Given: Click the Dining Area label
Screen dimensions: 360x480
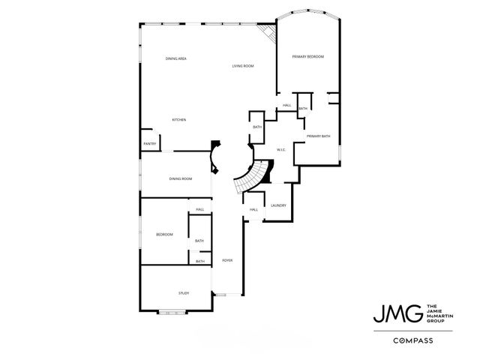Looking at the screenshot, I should point(176,58).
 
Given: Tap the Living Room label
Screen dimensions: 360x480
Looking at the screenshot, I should point(242,66).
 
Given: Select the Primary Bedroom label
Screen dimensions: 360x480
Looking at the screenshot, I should point(307,57).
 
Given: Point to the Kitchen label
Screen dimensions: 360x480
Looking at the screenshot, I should point(178,120).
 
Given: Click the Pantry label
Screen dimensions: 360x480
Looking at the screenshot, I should point(149,144).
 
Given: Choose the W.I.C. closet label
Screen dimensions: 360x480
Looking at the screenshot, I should point(282,149).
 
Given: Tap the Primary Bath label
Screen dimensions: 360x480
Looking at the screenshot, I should point(318,136).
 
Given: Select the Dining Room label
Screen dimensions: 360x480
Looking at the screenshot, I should point(181,178).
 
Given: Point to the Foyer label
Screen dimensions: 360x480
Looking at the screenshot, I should point(227,260).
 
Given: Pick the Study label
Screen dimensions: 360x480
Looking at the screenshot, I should point(183,292).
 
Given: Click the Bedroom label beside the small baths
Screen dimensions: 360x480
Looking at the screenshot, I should point(164,235).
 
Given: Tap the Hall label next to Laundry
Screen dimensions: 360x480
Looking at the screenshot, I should point(253,209).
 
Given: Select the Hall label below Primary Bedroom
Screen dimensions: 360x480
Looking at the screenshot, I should point(286,105).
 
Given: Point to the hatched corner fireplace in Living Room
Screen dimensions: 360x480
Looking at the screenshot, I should point(267,34).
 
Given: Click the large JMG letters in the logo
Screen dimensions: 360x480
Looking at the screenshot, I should point(397,313).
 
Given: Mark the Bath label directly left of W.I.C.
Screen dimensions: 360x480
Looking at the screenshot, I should point(256,127).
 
